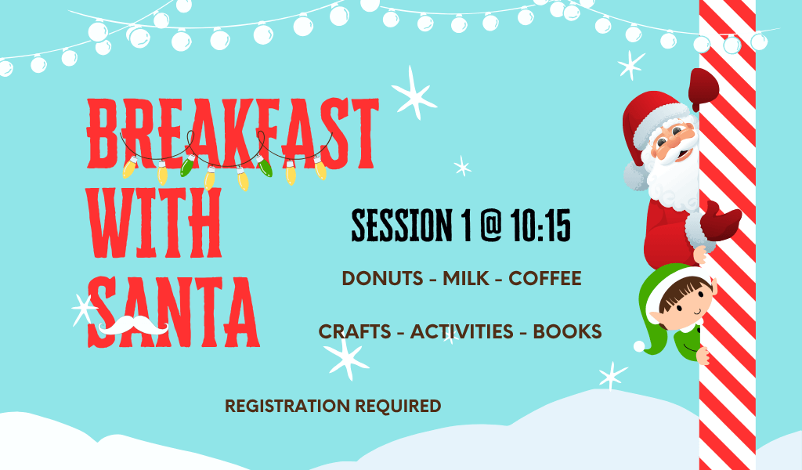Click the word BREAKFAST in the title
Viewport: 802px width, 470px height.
pos(233,133)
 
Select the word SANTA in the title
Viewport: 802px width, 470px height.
pos(174,313)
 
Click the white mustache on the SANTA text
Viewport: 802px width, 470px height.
pos(133,325)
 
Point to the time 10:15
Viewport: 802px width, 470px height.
pos(540,226)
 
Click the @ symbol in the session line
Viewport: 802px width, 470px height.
pos(490,225)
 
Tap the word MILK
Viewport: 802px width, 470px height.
pos(466,279)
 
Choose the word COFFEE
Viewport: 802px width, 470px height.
pos(545,279)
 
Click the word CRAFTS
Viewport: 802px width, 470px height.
pos(355,332)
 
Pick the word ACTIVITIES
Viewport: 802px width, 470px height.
pos(461,332)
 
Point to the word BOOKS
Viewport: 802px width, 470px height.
pos(567,332)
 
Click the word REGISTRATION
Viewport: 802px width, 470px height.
pos(287,406)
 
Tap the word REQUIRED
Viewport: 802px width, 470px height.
pos(398,406)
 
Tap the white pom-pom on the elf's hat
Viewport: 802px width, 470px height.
pos(639,346)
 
